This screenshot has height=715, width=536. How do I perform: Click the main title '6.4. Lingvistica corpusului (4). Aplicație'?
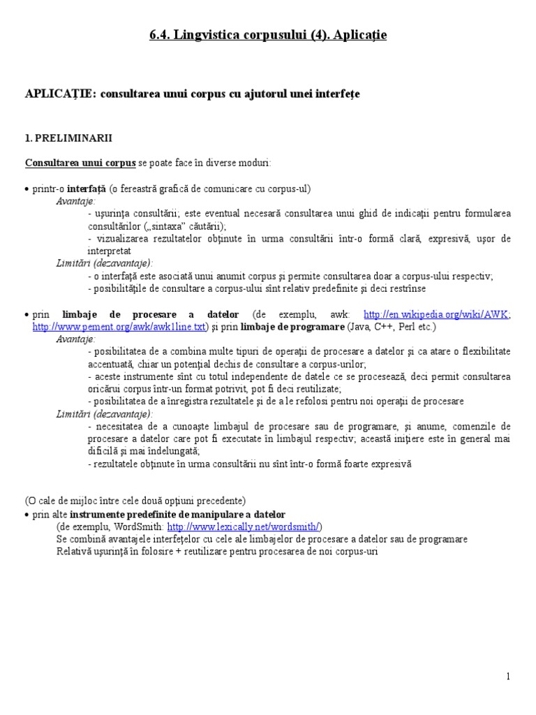[x=268, y=34]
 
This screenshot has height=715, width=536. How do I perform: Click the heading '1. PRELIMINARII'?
[x=68, y=138]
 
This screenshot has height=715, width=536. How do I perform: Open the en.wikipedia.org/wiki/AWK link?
[x=437, y=314]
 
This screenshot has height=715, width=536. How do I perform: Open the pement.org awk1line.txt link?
[x=120, y=326]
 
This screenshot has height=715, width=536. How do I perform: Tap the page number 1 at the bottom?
[x=509, y=677]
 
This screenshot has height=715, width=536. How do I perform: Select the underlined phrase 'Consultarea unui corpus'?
[x=80, y=163]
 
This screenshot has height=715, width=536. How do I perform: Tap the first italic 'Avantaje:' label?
[x=76, y=201]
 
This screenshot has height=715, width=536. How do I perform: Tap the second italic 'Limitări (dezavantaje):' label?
[x=105, y=414]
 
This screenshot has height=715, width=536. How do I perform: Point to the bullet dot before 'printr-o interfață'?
[x=27, y=190]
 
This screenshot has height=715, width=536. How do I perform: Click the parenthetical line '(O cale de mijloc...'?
[x=135, y=501]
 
